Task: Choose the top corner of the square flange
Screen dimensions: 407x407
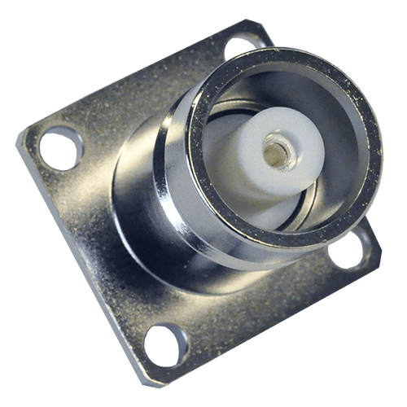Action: pos(244,22)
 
